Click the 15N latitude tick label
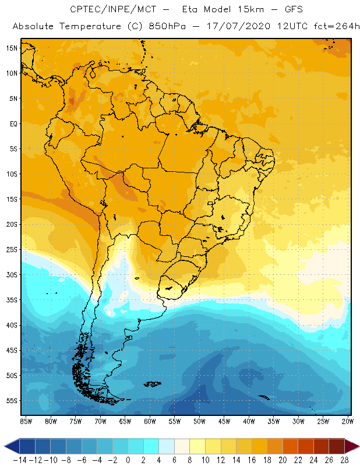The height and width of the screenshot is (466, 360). point(10,48)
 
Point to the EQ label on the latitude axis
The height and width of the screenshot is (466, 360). point(12,123)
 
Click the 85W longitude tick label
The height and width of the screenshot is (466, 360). point(26,421)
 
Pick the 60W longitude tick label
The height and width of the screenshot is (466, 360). point(150,421)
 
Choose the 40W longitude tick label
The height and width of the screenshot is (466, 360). point(249,421)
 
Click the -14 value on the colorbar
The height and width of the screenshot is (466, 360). point(20,459)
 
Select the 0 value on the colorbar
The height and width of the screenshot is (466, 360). point(128,459)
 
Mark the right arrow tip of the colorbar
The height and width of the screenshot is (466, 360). point(356,446)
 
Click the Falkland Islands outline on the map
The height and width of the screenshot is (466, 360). point(153,383)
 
